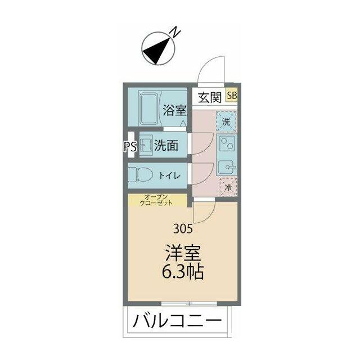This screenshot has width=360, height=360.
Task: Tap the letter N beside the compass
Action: coord(177,31)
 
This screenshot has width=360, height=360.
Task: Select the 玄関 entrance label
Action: coord(209,97)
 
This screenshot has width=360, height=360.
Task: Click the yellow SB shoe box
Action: coord(232,96)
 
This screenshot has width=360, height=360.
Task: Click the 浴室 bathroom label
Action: coord(174,110)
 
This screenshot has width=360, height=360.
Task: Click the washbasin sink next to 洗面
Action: coord(146,147)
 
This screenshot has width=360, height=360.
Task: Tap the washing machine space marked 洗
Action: coord(227,121)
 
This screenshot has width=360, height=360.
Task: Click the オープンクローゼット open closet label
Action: coord(158,200)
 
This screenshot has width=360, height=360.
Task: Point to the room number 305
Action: coord(183,229)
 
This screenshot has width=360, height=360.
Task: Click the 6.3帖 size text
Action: coord(183,272)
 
